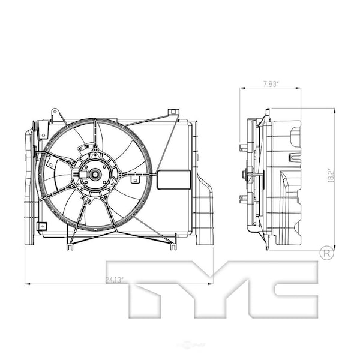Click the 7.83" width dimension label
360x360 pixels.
point(269,85)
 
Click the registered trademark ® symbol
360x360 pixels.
point(326,253)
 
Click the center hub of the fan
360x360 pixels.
point(95,175)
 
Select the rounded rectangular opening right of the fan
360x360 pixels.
point(173,179)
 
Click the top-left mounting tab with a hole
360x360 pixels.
point(55,113)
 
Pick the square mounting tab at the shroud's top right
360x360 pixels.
point(173,112)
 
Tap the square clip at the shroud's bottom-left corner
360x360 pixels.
point(41,227)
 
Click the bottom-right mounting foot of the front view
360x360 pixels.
point(173,245)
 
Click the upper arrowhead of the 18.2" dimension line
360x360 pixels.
point(334,110)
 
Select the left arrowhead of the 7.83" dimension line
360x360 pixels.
point(242,89)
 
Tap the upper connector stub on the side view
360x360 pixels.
point(244,147)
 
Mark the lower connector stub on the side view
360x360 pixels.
point(244,199)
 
